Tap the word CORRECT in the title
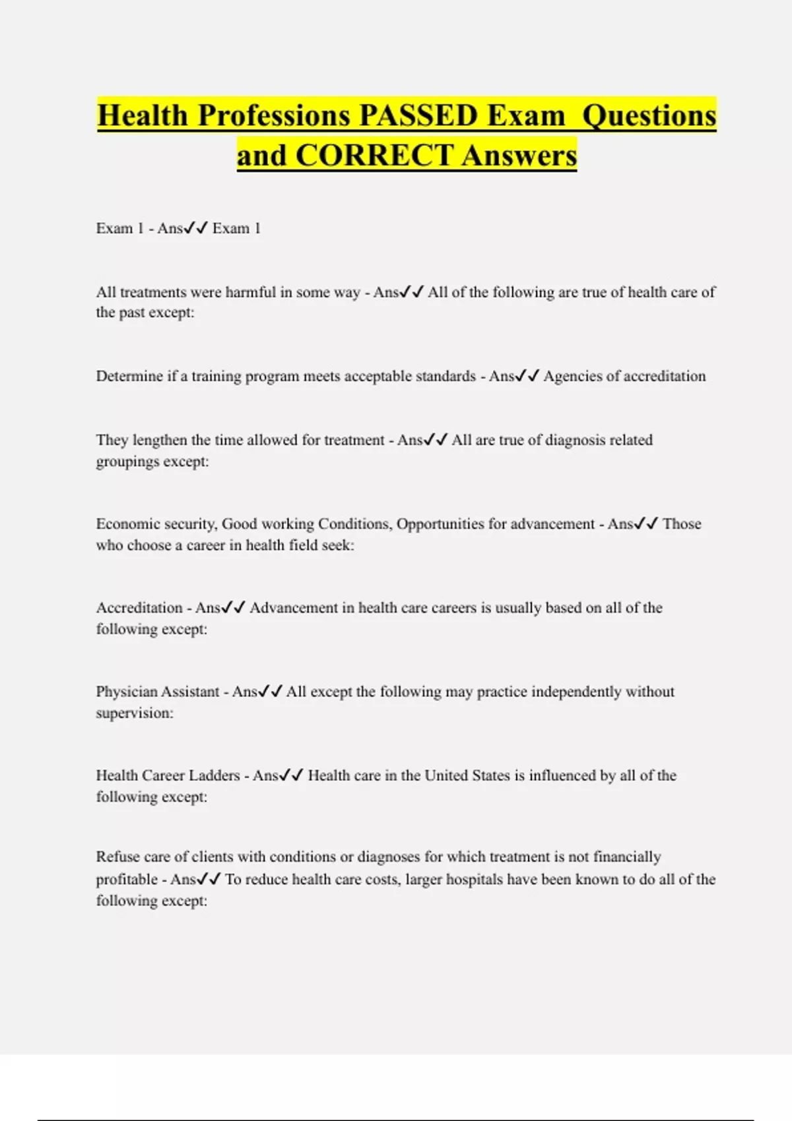tap(374, 156)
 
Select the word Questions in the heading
tap(649, 115)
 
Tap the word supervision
tap(133, 713)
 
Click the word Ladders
tap(214, 775)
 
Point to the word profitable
tap(127, 879)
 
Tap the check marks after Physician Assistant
tap(271, 691)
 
